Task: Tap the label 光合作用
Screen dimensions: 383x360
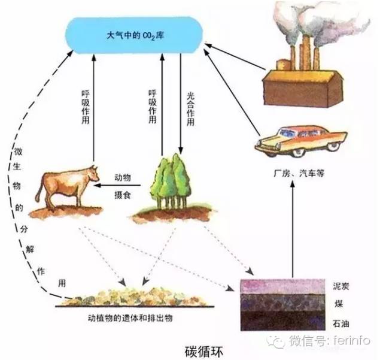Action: (x=191, y=108)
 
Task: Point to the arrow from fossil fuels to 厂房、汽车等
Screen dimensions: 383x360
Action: (x=292, y=228)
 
